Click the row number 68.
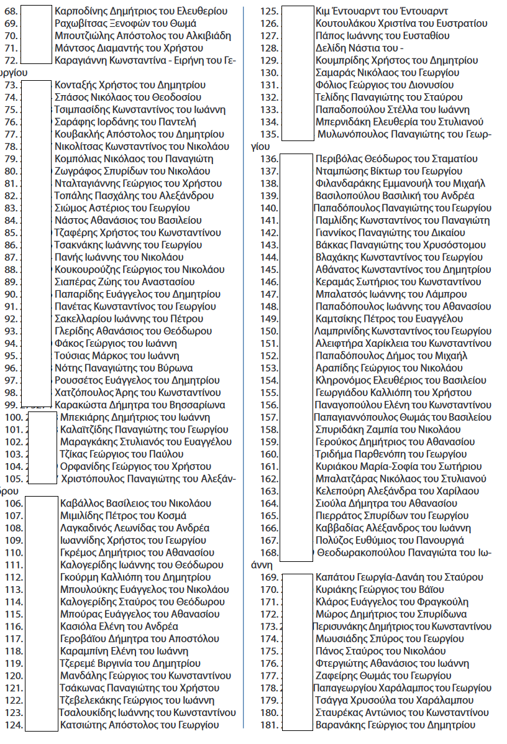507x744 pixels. (x=11, y=11)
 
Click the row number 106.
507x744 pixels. (x=14, y=503)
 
